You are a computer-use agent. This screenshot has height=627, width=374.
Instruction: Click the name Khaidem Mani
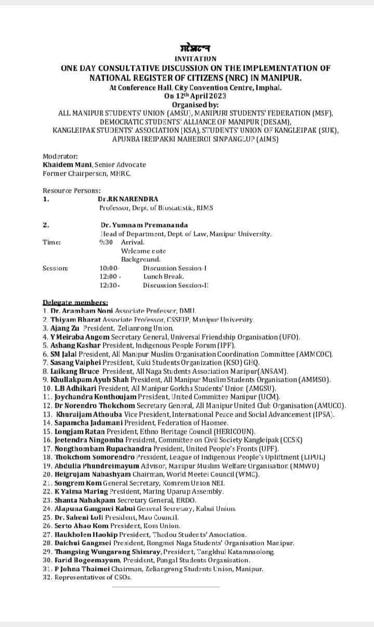pyautogui.click(x=64, y=165)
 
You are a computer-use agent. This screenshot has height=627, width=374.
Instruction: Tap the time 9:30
pyautogui.click(x=106, y=242)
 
